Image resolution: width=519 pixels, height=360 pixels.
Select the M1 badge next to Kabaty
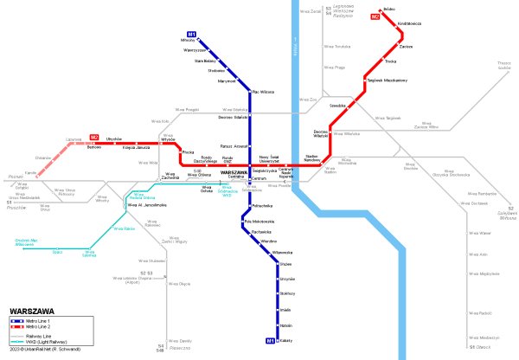click(270, 340)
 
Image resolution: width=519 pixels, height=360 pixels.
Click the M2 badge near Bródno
click(375, 16)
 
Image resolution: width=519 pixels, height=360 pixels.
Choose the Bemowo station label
click(94, 148)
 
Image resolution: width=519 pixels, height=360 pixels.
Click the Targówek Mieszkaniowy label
click(387, 80)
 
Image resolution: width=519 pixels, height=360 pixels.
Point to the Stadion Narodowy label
click(312, 157)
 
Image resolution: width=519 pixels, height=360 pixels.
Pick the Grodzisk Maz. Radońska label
click(27, 242)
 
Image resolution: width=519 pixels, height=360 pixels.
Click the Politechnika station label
click(263, 205)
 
